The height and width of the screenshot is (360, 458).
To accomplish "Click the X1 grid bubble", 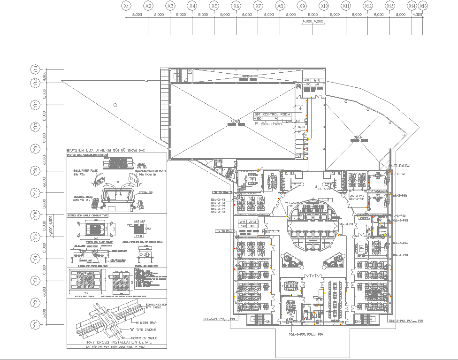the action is [126, 6].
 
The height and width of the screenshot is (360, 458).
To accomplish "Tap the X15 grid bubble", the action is [423, 6].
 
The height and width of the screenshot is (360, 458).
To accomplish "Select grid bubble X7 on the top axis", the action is [258, 6].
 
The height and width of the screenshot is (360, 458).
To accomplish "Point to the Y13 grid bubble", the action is [35, 69].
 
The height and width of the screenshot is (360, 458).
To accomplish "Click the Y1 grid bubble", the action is [35, 324].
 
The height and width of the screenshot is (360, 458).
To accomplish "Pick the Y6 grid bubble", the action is [35, 214].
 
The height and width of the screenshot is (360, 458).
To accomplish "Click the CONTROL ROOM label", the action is [277, 115].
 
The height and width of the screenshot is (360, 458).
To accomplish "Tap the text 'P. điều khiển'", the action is [268, 124].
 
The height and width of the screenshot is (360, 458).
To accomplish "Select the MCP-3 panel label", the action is [272, 232].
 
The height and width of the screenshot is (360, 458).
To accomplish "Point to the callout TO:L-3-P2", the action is [323, 189].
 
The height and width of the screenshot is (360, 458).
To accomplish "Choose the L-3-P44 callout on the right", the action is [400, 243].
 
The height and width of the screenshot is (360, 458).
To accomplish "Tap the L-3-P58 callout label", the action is [399, 195].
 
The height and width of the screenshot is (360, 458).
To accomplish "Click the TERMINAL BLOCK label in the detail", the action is [83, 196].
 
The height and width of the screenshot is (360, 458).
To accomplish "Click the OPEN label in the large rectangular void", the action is [235, 121].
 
